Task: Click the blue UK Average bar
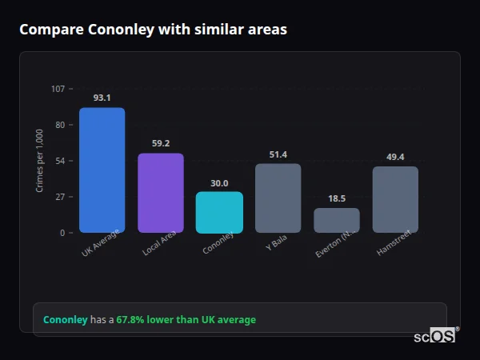102,170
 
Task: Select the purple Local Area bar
161,193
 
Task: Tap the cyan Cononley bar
219,212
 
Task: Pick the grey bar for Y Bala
278,198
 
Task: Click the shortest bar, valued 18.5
337,220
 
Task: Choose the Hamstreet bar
395,199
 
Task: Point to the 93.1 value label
102,98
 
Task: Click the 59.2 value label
161,143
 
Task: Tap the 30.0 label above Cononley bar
219,182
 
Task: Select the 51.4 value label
278,154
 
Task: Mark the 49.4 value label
395,157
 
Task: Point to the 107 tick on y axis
58,89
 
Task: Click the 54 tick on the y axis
60,161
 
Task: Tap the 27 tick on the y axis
60,197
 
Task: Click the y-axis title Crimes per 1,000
40,160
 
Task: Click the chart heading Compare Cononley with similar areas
153,30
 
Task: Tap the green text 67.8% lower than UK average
186,320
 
